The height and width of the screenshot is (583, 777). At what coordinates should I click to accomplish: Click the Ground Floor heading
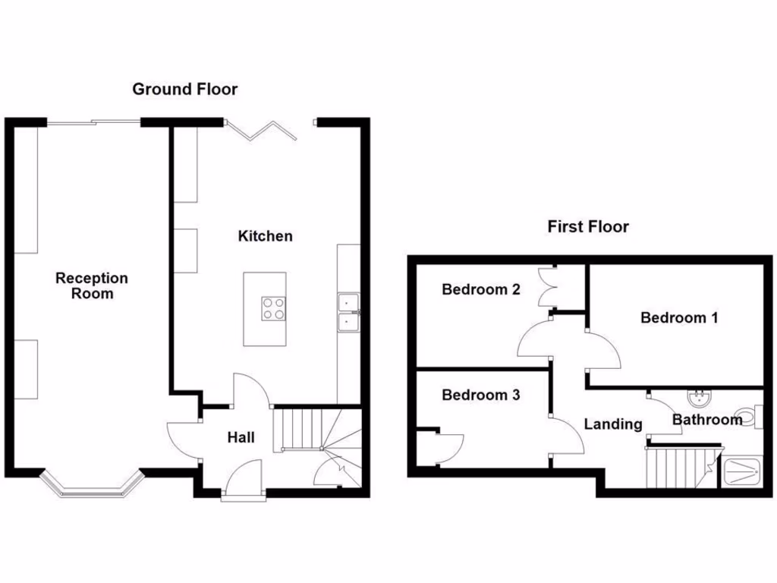point(184,89)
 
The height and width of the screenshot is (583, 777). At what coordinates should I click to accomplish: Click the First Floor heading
point(588,226)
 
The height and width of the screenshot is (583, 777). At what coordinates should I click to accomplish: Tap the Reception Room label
point(92,285)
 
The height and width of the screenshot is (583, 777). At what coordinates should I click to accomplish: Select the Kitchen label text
point(265,236)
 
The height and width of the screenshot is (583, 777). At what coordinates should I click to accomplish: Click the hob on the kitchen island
point(274,308)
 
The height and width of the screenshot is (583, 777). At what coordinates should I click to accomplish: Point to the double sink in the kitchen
point(349,313)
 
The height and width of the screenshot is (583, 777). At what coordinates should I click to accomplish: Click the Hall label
point(241,437)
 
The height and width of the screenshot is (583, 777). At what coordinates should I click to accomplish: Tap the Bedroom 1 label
point(678,317)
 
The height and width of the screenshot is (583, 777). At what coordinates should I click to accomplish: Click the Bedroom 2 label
point(481,289)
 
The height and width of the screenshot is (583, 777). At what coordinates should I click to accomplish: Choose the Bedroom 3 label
point(481,395)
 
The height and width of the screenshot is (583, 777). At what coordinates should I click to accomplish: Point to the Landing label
point(612,424)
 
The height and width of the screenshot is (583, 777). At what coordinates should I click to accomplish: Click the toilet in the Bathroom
point(748,416)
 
